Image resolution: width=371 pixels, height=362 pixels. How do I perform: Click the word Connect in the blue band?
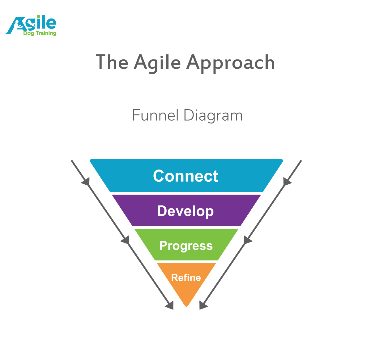pos(185,176)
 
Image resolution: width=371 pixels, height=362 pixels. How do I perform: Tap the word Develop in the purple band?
pos(185,211)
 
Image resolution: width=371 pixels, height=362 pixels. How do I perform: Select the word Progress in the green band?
pos(186,246)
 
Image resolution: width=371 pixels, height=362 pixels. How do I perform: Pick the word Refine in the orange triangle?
pos(186,278)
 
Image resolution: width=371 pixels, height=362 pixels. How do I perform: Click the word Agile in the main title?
pos(157,63)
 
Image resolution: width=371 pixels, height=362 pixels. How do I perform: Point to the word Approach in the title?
pos(231,63)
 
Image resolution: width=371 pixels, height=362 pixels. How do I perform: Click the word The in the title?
pos(112,62)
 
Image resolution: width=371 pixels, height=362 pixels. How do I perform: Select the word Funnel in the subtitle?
pos(155,115)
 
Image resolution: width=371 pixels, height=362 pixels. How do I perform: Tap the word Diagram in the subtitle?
pos(213,116)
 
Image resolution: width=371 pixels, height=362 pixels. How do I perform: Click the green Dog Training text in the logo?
pos(40,33)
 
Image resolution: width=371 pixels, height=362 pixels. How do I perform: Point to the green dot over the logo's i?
pos(39,16)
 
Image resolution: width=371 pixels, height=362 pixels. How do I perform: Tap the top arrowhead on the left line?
pos(86,182)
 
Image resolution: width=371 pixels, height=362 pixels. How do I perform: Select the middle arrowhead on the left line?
pos(125,240)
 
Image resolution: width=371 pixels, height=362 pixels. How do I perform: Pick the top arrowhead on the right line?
pos(287,182)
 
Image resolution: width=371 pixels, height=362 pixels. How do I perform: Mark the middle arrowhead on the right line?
pos(247,240)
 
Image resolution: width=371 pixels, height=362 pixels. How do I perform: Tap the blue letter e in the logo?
pos(51,24)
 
